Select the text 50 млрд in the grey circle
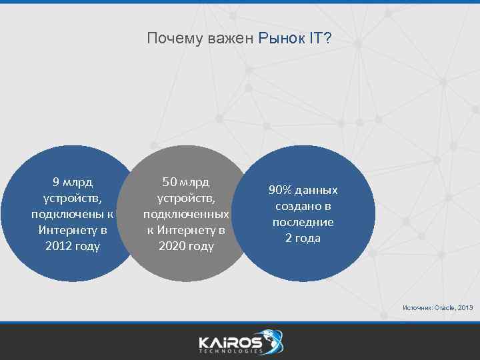click(186, 182)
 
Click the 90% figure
click(280, 190)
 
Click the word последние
click(303, 222)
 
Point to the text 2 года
click(303, 238)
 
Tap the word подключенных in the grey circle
click(186, 214)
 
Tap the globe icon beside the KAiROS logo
click(273, 339)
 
